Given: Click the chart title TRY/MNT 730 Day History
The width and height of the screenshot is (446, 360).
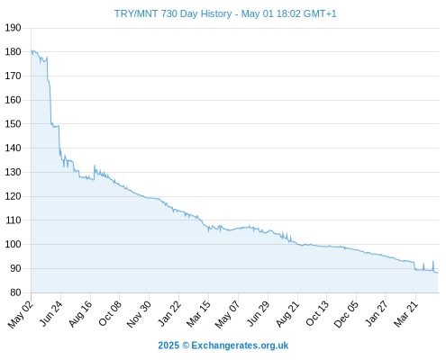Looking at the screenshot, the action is (x=173, y=13).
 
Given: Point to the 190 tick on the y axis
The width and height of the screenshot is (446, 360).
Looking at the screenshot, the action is (x=13, y=28).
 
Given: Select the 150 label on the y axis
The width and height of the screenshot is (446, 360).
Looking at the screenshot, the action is (x=13, y=124).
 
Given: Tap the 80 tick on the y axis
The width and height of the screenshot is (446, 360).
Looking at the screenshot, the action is (x=15, y=292).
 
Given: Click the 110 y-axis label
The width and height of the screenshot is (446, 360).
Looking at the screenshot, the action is (x=13, y=220).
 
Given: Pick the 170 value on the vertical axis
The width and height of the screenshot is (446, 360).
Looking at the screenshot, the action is (x=13, y=76).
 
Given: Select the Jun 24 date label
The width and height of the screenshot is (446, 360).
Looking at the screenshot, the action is (x=50, y=313).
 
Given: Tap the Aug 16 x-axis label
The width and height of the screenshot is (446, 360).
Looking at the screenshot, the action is (x=80, y=313).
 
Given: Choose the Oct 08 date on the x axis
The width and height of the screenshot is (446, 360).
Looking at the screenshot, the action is (x=110, y=313).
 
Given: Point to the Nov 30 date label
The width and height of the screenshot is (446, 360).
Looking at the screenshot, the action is (x=139, y=314).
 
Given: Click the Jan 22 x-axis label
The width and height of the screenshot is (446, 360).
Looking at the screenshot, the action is (x=169, y=313).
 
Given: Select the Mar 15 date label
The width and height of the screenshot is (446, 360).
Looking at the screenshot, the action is (x=198, y=313).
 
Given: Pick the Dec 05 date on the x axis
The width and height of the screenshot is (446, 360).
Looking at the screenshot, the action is (x=346, y=314).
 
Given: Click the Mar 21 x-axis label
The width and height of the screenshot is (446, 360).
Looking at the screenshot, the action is (x=405, y=313).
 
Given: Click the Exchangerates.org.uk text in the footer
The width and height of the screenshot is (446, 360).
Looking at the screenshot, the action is (x=240, y=346).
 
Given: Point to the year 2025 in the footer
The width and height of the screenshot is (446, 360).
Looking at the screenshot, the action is (x=168, y=346).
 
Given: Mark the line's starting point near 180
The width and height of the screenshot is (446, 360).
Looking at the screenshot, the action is (x=32, y=50).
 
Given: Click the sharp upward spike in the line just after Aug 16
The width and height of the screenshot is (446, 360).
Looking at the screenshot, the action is (x=95, y=166).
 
